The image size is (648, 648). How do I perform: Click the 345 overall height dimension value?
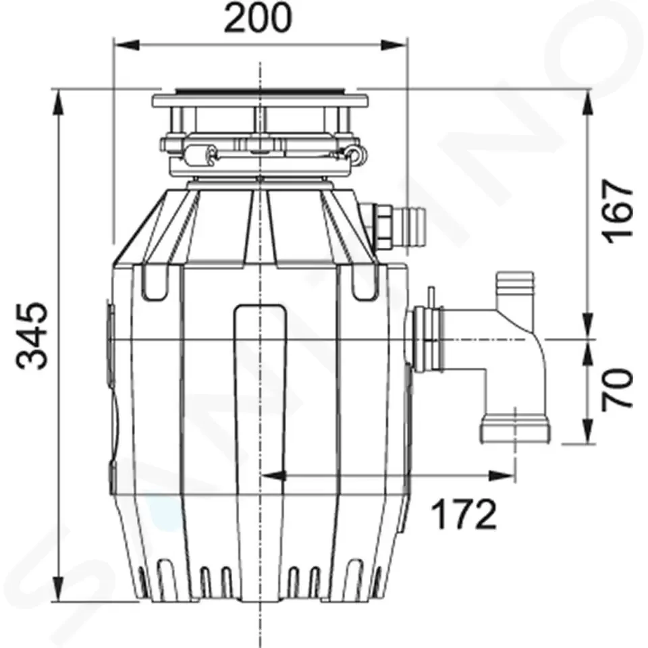32,335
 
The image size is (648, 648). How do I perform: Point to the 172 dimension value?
464,514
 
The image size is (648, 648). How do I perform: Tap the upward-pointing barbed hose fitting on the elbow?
515,290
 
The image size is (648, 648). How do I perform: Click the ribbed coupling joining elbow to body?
427,339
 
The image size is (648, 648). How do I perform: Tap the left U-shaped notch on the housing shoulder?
155,282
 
